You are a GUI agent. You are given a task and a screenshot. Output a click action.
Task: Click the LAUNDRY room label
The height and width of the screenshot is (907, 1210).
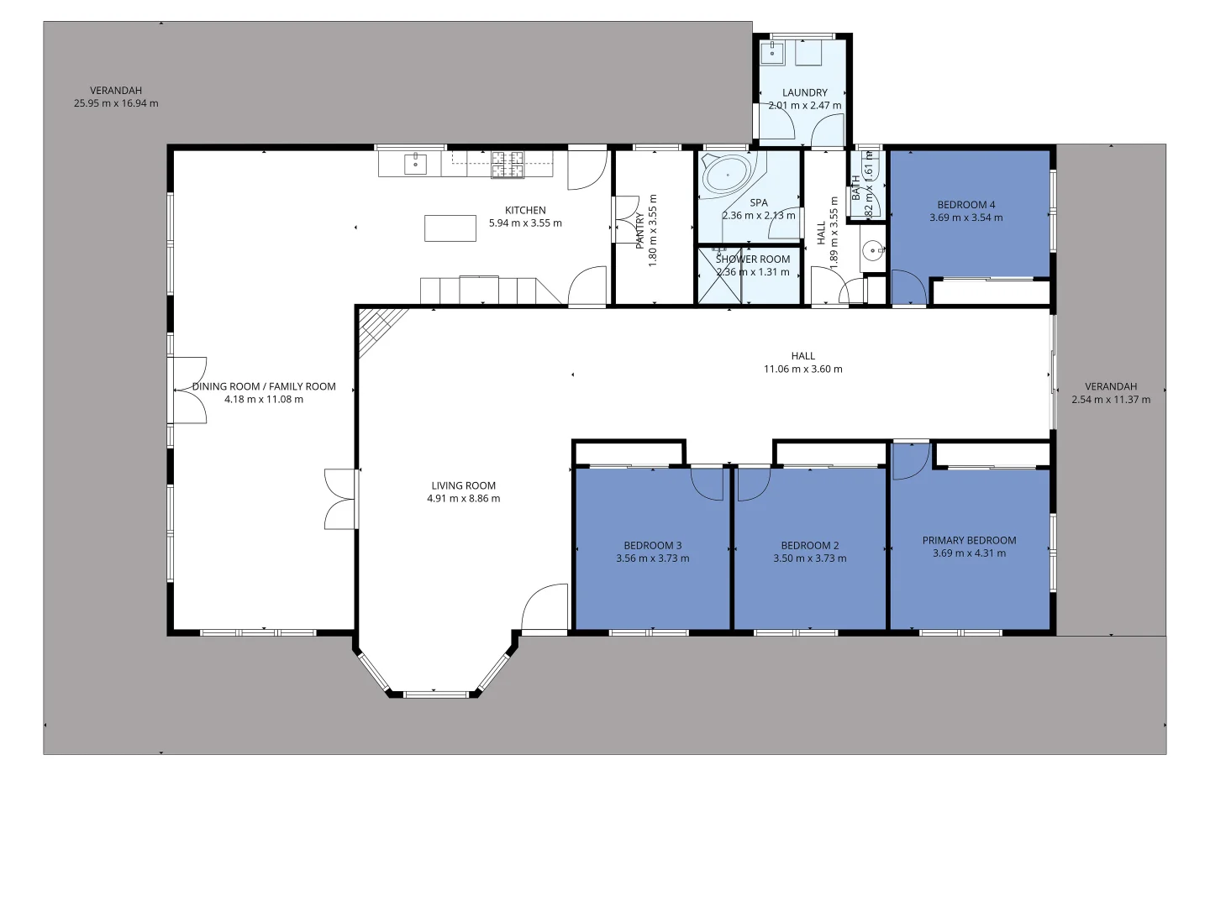[804, 92]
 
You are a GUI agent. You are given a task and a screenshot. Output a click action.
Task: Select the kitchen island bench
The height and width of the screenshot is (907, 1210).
[450, 228]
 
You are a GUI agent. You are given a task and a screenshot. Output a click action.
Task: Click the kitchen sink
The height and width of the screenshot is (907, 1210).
[415, 164]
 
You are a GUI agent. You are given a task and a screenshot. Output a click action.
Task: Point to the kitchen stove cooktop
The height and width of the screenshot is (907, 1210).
[507, 165]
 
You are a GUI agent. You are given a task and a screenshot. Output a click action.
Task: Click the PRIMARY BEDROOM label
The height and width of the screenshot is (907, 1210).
[969, 540]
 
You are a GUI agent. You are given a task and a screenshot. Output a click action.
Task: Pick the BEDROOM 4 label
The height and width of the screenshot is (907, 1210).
[965, 204]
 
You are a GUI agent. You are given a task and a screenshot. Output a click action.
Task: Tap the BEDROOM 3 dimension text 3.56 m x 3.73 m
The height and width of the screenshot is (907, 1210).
[652, 558]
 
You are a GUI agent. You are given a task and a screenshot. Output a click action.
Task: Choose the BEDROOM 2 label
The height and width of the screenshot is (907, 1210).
[809, 545]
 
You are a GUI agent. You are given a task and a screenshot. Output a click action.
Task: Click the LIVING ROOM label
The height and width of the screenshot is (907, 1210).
[463, 485]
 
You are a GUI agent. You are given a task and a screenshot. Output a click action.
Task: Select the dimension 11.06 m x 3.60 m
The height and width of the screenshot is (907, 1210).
[802, 369]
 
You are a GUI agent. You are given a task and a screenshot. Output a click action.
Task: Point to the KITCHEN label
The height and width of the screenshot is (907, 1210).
[525, 210]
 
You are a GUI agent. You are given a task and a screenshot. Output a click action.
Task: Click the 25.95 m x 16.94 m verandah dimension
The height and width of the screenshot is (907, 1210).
[116, 103]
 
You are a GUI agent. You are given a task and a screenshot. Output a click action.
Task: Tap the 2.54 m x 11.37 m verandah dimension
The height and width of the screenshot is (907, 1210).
[1110, 400]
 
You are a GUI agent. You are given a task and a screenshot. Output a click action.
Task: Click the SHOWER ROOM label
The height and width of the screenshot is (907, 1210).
[752, 260]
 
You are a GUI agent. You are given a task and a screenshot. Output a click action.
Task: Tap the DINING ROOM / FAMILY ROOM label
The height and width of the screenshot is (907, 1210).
[264, 386]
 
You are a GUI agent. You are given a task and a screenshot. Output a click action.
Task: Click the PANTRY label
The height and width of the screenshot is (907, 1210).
[640, 230]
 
